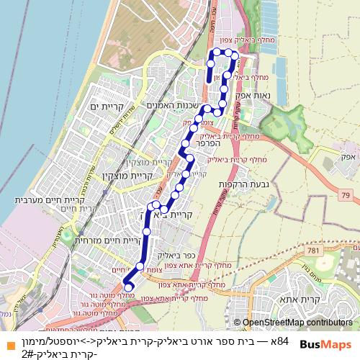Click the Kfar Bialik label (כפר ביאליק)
point(180,256)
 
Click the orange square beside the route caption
point(6,341)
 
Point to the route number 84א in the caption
point(279,341)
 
